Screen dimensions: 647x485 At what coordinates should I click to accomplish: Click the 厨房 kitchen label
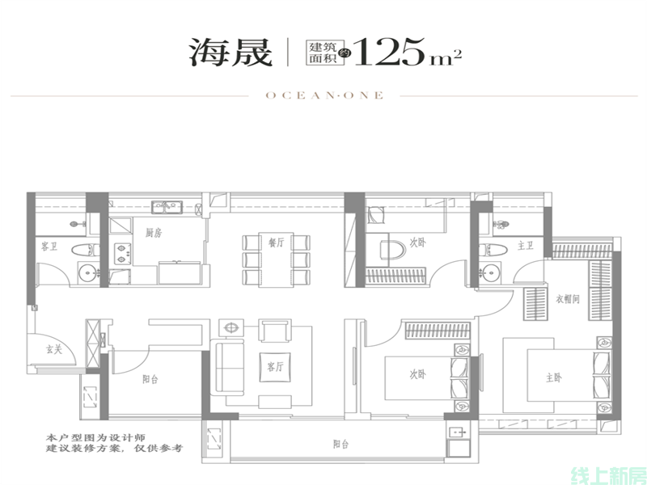pos(154,233)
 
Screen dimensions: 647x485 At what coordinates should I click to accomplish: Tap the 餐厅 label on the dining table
pos(277,242)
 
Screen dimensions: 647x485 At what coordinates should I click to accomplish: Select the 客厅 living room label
pos(275,367)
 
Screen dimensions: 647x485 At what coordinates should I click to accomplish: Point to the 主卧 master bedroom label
pos(554,377)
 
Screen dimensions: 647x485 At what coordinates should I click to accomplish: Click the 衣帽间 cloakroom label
pos(568,299)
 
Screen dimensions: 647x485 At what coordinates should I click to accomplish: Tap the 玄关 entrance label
pos(53,350)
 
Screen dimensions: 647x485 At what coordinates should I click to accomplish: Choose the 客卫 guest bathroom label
pos(49,247)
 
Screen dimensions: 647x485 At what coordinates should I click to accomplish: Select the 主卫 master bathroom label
pos(525,246)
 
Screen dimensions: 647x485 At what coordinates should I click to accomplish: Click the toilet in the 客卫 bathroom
pos(85,250)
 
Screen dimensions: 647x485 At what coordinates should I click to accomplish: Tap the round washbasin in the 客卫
pos(88,272)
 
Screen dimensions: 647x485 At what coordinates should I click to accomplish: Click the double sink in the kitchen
pos(167,207)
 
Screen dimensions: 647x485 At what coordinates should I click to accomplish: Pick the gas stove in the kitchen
pos(122,254)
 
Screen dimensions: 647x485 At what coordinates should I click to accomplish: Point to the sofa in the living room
pos(226,368)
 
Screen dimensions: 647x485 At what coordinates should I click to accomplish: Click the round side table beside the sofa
pos(231,328)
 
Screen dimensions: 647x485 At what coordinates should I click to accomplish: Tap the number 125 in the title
pos(389,52)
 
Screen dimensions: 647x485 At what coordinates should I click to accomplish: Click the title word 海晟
pos(230,53)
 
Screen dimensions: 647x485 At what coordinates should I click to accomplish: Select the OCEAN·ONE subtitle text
pos(324,95)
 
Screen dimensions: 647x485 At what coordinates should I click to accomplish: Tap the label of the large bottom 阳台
pos(340,444)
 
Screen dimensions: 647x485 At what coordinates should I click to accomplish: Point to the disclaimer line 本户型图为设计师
pos(95,437)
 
